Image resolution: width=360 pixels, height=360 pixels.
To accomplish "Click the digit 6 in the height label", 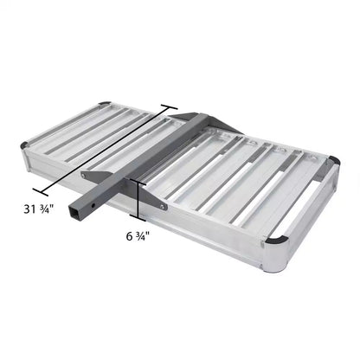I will [128, 235].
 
